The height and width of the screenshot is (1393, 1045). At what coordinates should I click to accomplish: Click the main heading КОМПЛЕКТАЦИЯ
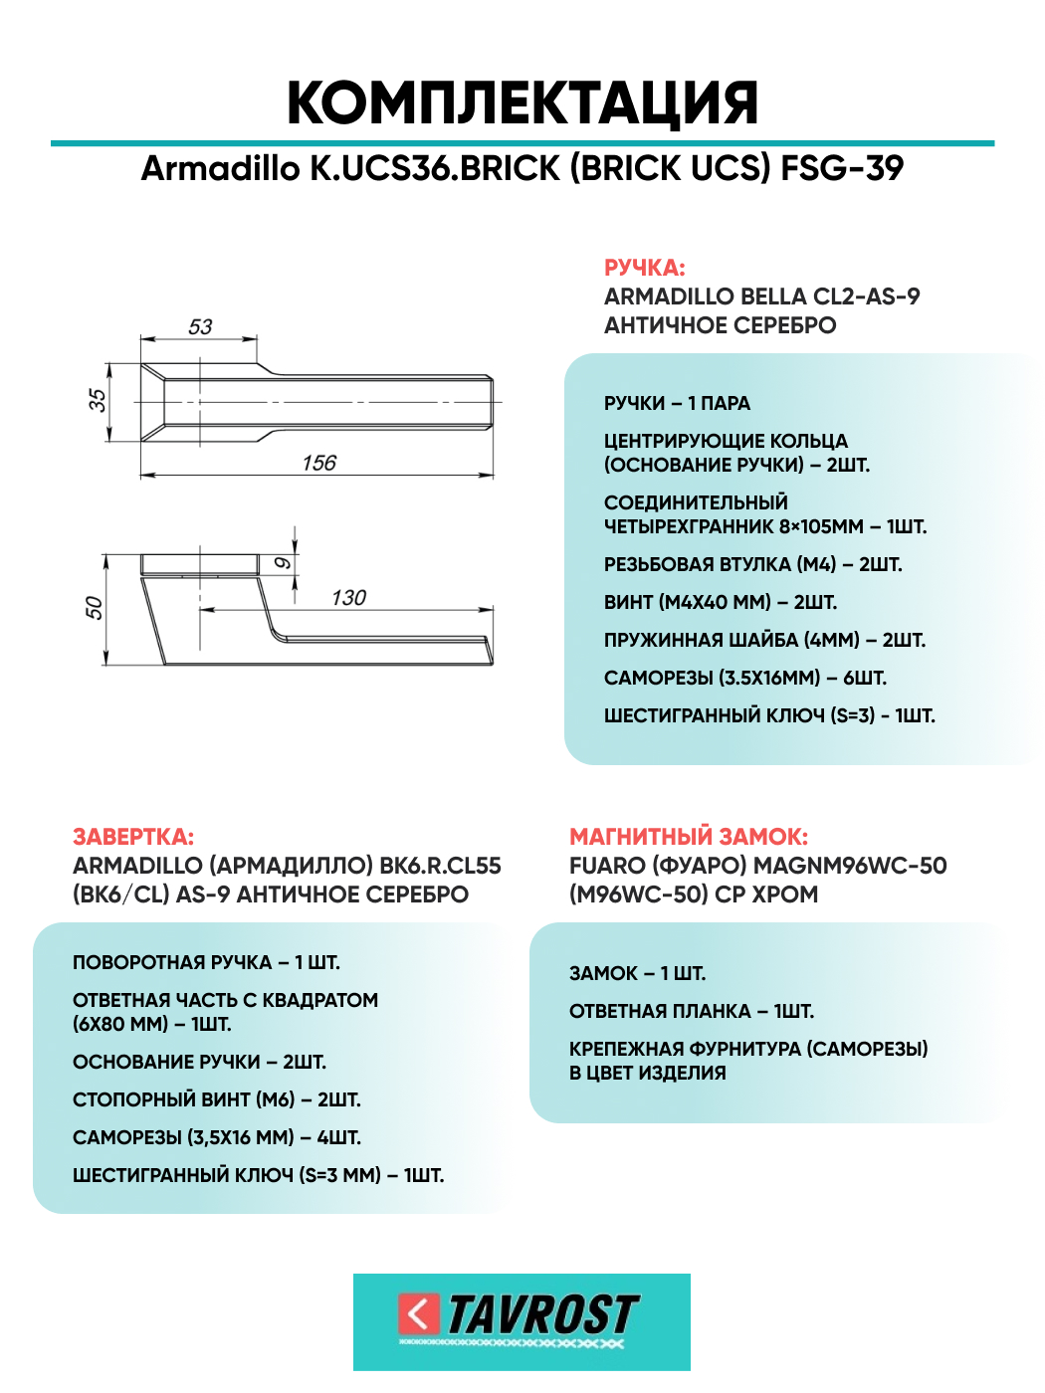click(x=522, y=102)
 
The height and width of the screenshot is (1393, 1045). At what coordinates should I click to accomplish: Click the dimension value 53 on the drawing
click(x=200, y=327)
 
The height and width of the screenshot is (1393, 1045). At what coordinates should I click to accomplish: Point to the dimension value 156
click(x=319, y=463)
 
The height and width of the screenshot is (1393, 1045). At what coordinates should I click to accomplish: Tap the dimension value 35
click(x=97, y=400)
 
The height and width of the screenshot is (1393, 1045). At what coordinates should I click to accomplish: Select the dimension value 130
click(x=348, y=597)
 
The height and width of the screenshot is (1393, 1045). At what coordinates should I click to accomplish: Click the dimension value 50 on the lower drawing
click(x=94, y=607)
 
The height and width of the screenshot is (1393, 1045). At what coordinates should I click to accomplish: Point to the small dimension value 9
click(x=283, y=563)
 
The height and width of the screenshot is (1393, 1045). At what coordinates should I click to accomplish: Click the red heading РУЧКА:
click(x=645, y=268)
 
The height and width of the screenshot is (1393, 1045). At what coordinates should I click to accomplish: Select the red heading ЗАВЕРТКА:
click(x=133, y=837)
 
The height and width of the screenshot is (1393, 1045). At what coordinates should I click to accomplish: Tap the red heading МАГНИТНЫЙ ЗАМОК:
click(x=689, y=837)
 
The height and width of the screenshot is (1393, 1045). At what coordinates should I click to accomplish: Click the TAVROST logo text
click(x=542, y=1314)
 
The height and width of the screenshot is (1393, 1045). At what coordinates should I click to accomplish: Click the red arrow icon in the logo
click(x=418, y=1314)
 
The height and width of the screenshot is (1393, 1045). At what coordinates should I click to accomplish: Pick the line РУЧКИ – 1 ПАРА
click(x=677, y=403)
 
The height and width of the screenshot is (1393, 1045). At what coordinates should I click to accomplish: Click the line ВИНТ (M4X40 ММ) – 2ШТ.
click(x=721, y=602)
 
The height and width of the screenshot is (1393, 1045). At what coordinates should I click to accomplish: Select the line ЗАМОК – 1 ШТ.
click(x=637, y=973)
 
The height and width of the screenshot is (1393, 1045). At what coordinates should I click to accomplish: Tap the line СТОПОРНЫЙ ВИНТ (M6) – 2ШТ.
click(x=217, y=1099)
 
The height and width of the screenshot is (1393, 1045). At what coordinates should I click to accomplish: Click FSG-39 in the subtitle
click(x=842, y=168)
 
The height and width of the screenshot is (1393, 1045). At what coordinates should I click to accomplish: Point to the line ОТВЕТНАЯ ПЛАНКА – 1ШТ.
click(x=692, y=1011)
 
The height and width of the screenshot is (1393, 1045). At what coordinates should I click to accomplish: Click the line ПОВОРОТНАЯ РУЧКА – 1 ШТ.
click(x=206, y=962)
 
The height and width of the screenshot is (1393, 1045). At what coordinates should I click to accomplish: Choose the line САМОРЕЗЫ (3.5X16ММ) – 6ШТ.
click(x=745, y=678)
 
